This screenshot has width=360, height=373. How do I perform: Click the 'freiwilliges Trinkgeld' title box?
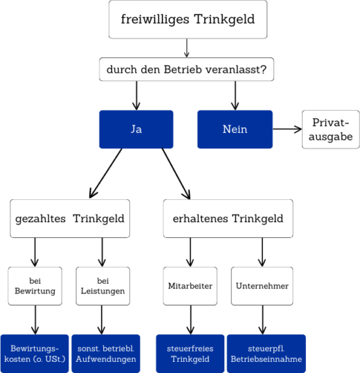point(188,19)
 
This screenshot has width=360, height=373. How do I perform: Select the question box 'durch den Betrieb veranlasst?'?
point(187,70)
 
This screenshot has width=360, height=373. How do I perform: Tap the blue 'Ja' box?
point(136,129)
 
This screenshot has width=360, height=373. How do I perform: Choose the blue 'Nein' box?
point(235,129)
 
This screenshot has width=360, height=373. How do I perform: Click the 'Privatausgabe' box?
point(330,129)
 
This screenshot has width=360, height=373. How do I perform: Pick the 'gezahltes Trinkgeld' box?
point(69,219)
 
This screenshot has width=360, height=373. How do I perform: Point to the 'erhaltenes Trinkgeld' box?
point(228,219)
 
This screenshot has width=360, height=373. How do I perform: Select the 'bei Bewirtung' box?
point(35,286)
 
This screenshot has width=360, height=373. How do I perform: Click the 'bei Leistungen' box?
point(103,286)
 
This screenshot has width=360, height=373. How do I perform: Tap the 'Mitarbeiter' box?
point(190,286)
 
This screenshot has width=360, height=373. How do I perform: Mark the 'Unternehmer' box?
point(262,286)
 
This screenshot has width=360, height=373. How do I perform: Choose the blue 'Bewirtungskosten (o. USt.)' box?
point(35,354)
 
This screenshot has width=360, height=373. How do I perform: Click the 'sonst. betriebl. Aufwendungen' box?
point(105,354)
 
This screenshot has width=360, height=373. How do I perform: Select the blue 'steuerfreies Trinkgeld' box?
point(190,354)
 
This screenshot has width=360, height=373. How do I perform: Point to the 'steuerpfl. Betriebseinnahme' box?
point(266,354)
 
